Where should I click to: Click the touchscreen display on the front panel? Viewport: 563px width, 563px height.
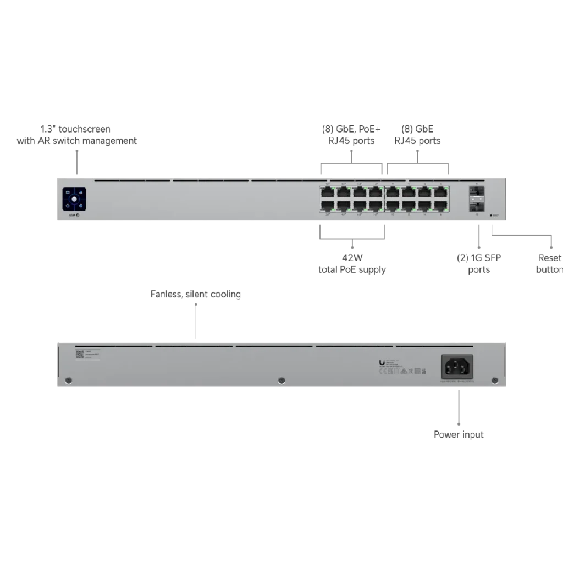click(74, 198)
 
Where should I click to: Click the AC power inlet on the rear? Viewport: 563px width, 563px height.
click(457, 366)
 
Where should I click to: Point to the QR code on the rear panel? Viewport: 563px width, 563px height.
click(79, 355)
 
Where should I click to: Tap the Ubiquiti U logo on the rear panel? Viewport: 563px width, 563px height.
click(382, 362)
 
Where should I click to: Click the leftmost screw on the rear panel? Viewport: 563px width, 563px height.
click(68, 380)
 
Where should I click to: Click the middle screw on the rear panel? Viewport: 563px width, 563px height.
click(281, 380)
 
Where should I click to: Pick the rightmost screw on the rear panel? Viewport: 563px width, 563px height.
click(494, 380)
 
